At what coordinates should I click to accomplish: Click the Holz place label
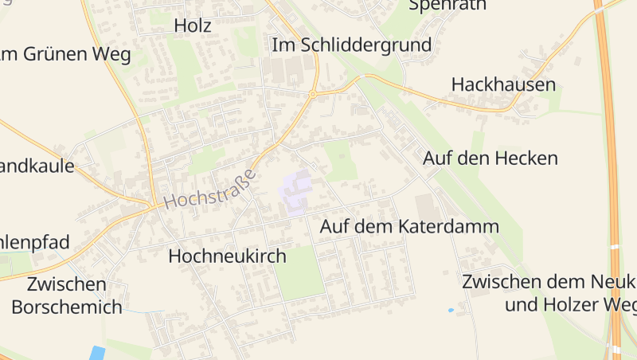coord(193,25)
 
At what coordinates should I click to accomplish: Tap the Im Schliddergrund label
coord(352,45)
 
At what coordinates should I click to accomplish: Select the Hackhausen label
coord(503,84)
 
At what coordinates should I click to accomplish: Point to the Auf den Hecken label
coord(490,158)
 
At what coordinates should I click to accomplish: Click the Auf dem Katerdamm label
coord(409,226)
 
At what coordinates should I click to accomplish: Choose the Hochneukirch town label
coord(227,256)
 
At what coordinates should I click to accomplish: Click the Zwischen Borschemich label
coord(67,295)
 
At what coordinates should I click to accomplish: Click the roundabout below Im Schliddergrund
coord(313,94)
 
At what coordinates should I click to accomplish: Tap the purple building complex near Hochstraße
coord(295,190)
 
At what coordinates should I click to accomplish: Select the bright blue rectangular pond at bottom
coord(97,353)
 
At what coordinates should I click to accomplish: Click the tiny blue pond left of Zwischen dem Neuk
coord(451,310)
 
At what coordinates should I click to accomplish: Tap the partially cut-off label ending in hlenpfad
coord(35,242)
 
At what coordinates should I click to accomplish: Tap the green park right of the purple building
coord(340,160)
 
